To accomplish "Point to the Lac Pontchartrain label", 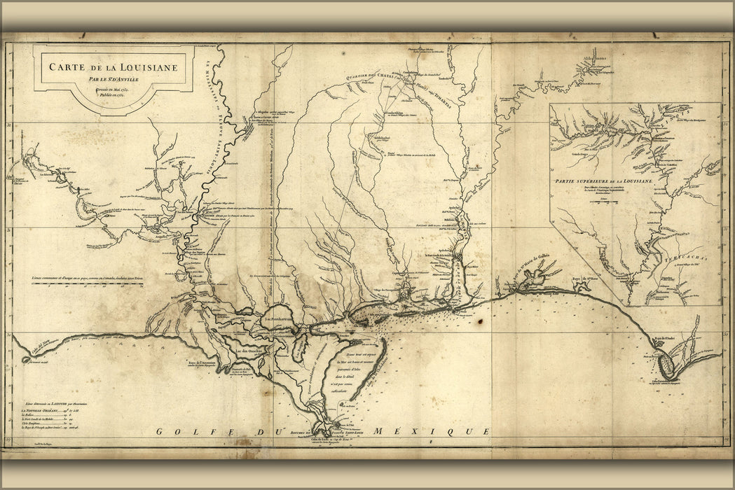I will tap(279, 322).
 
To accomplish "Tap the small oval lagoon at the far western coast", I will tap(27, 360).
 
